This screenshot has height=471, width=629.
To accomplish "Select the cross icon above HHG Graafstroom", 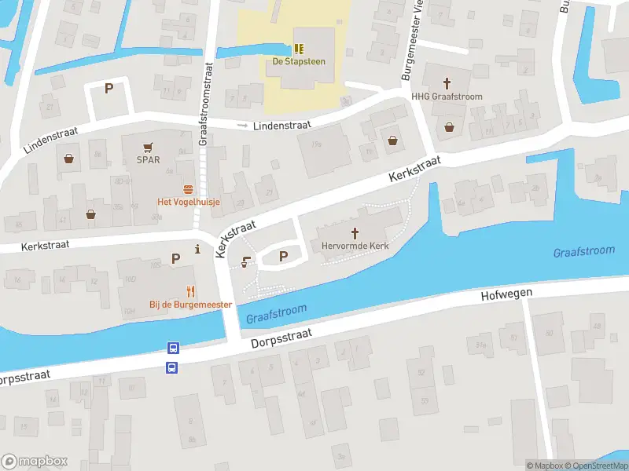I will click(x=448, y=82).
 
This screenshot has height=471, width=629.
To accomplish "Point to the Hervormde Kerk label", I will click(x=355, y=246).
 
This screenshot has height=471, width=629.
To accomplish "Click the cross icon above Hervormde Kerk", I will click(x=355, y=232).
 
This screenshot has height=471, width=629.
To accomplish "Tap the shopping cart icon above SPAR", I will click(x=147, y=146).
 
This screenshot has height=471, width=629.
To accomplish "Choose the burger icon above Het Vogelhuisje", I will click(x=189, y=188).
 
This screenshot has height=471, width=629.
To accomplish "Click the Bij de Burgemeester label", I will click(x=190, y=304).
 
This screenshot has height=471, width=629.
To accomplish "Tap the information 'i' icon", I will click(x=197, y=250).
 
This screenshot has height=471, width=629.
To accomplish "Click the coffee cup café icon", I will click(x=247, y=263).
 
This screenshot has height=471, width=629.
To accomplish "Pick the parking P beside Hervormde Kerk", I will click(x=284, y=256).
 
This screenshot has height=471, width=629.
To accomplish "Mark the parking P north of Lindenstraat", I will click(x=109, y=89).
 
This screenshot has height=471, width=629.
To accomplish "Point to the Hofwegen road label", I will click(x=506, y=294).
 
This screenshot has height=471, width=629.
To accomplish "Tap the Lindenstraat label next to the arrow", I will click(x=281, y=125).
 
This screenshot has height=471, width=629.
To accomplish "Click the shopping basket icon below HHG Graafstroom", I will click(x=450, y=126).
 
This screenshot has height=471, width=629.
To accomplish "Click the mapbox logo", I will click(x=35, y=462).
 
